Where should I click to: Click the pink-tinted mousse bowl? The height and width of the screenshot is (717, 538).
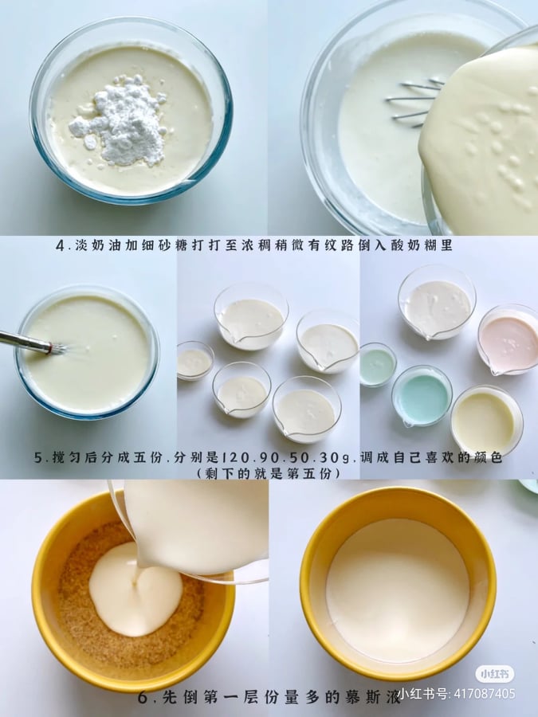coord(509,339)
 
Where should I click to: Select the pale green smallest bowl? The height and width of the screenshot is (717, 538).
coord(378,364)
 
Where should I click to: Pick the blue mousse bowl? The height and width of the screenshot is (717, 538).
coord(422,396)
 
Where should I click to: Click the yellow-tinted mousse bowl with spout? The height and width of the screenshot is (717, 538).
coord(486,421)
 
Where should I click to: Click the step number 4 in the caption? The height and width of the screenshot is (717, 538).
coord(61,246)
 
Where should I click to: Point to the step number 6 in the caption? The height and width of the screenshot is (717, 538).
coord(143,698)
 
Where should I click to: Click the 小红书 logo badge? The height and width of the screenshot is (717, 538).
coord(494,673)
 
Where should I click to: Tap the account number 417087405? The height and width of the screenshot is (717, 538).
coord(484,694)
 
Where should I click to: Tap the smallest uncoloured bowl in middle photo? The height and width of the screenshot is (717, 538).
coord(195,361)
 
